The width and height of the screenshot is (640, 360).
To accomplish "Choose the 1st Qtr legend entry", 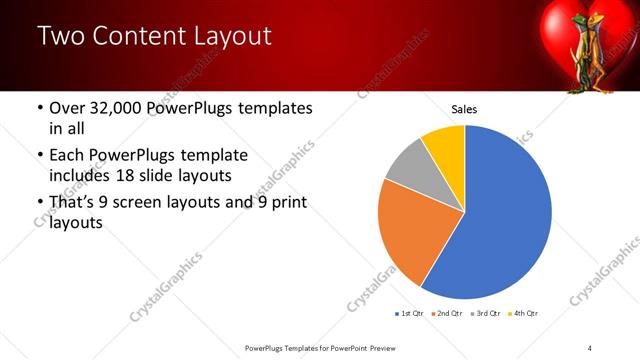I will [411, 314].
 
